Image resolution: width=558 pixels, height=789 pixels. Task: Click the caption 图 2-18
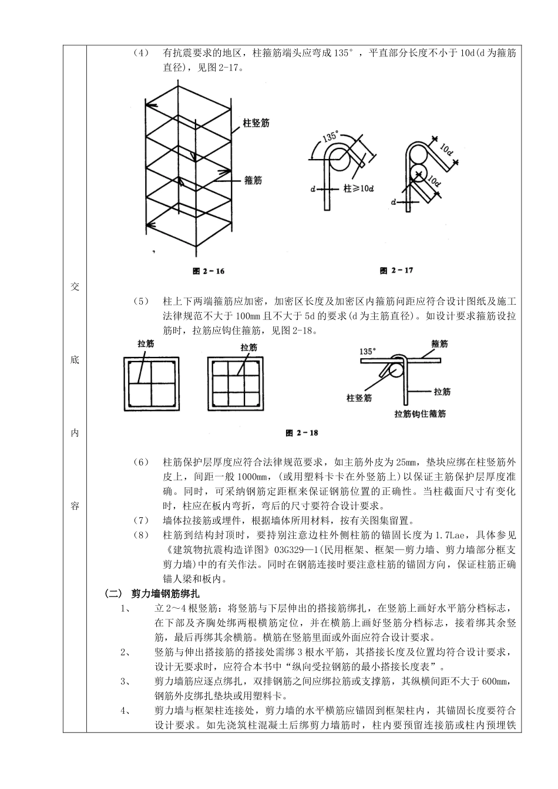[301, 433]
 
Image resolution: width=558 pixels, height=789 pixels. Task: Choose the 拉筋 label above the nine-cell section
[249, 348]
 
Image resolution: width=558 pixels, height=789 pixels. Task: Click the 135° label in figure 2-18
[367, 352]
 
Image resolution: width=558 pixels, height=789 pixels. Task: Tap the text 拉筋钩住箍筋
[419, 414]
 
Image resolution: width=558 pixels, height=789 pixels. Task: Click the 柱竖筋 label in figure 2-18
[359, 397]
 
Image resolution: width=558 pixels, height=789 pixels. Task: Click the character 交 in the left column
[75, 287]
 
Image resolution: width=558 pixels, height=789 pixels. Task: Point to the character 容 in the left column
[75, 506]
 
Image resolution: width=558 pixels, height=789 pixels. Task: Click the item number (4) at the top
[141, 53]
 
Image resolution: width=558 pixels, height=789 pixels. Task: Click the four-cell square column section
[151, 383]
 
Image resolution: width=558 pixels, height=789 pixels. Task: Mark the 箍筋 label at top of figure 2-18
[439, 343]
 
